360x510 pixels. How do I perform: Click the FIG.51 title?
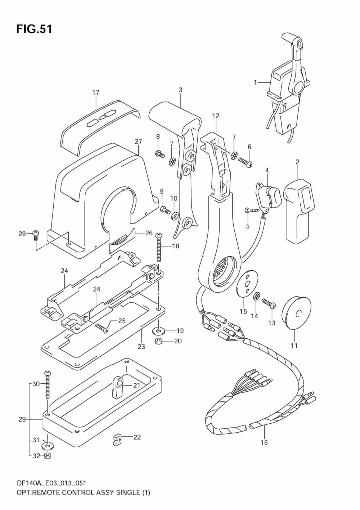pos(34,29)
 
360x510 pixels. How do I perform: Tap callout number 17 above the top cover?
pos(95,93)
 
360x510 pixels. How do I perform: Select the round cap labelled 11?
pos(296,313)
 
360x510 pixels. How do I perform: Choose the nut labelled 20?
pos(158,341)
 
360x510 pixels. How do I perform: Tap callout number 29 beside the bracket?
pos(22,419)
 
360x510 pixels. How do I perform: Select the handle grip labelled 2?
pos(298,209)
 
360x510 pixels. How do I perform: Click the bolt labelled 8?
pos(159,154)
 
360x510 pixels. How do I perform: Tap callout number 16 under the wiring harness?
pos(264,442)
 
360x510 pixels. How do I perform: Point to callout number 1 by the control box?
pos(255,82)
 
